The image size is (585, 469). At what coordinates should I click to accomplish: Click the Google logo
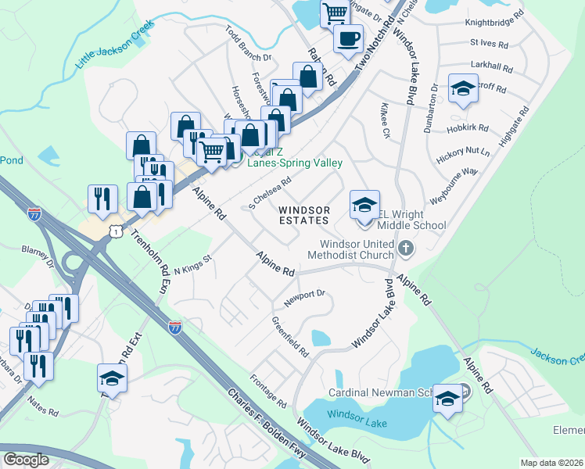point(26,460)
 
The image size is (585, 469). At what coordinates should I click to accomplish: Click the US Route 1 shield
point(116,231)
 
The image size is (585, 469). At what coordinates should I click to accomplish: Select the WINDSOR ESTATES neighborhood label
point(304,215)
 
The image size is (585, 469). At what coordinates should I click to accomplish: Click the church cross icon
point(405,249)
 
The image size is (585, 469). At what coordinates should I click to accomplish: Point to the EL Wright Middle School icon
point(364,206)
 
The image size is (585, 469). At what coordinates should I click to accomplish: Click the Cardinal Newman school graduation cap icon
point(448,399)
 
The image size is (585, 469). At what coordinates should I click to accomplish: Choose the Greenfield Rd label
point(289,337)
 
